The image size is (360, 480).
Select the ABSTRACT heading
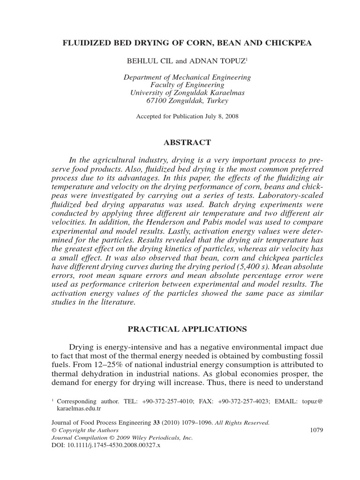pos(187,142)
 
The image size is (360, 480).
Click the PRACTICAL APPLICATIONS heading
pos(187,329)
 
